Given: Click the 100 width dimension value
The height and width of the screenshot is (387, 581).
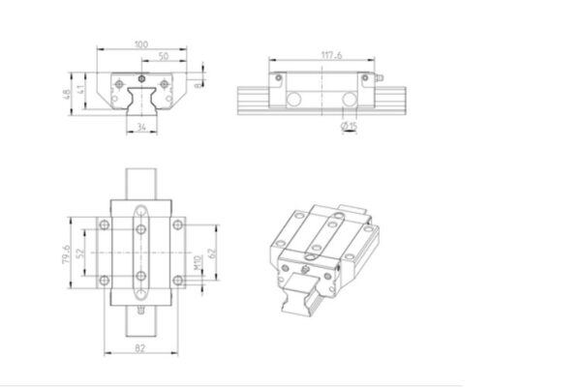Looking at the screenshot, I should pos(142,44).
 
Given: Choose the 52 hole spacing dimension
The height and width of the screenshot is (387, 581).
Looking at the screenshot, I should pos(81,255).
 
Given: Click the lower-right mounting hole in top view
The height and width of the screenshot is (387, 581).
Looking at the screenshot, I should pos(178,282).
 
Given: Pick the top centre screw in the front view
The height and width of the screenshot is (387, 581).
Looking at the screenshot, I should pos(142,76).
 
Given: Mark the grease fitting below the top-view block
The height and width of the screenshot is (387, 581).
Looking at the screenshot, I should pos(142,312).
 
